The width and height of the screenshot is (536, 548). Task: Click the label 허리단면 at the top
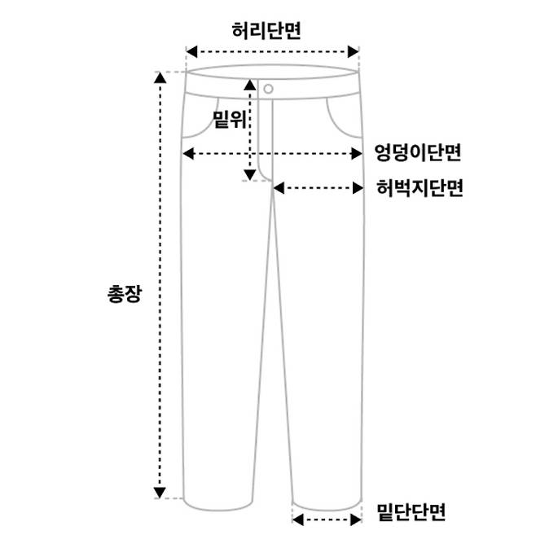(x=266, y=30)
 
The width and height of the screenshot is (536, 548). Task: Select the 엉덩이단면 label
(x=418, y=152)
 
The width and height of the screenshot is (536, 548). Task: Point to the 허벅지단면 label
(x=420, y=188)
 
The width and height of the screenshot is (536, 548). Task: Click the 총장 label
(x=125, y=293)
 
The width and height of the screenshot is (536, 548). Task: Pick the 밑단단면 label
(x=411, y=513)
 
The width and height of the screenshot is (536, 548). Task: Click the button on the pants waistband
(x=268, y=88)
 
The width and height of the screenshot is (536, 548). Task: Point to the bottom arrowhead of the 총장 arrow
(x=160, y=492)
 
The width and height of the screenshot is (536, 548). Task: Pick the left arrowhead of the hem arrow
(x=297, y=518)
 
